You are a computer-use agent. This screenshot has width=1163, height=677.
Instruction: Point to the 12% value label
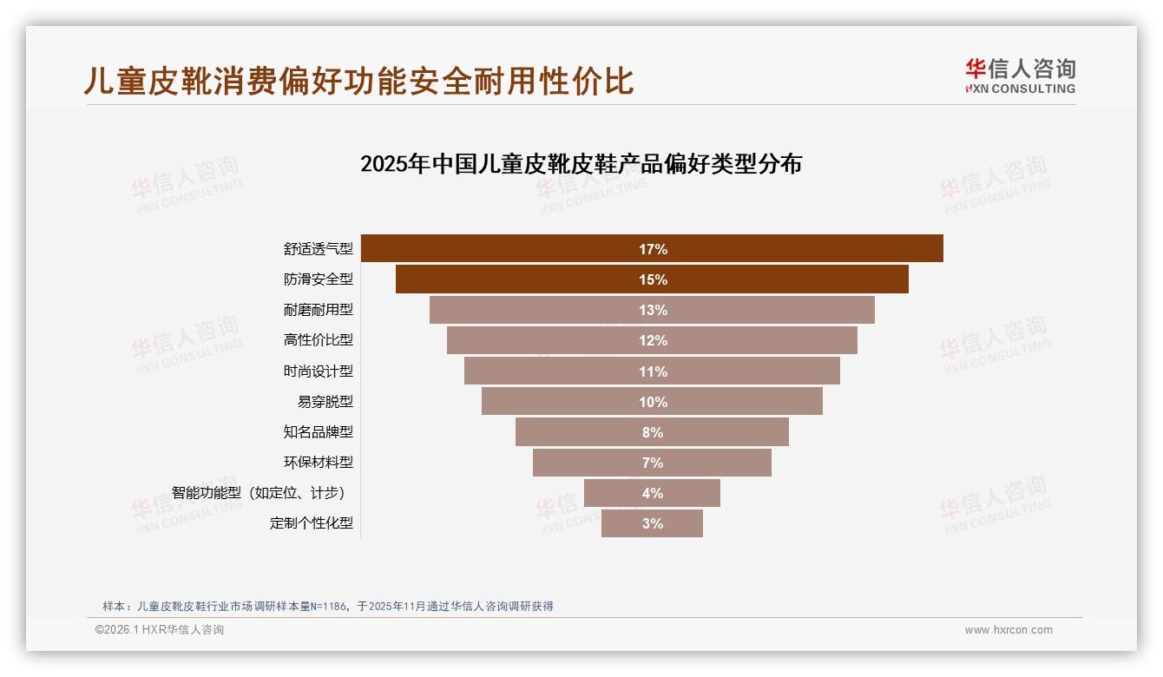click(x=653, y=341)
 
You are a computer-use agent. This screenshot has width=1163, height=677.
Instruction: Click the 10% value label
click(x=653, y=402)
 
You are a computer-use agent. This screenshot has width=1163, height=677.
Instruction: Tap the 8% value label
click(x=653, y=432)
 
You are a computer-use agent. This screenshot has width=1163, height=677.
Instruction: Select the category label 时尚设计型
click(x=318, y=371)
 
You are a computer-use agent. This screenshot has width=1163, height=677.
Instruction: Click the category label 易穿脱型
click(x=325, y=402)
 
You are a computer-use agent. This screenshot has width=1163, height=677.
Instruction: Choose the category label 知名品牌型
click(x=318, y=432)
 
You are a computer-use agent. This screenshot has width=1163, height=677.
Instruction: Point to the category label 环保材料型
click(x=318, y=463)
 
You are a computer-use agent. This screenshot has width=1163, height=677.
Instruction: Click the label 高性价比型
click(x=318, y=340)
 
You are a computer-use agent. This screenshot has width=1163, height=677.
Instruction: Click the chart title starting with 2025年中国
click(x=581, y=164)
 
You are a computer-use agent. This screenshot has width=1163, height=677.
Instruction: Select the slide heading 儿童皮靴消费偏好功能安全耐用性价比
click(x=358, y=81)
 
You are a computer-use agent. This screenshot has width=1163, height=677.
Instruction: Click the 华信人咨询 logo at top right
click(x=1019, y=76)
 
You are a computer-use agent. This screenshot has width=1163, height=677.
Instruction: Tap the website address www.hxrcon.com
click(x=1009, y=630)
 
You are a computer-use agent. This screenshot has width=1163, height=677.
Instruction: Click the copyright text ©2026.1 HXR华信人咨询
click(x=159, y=630)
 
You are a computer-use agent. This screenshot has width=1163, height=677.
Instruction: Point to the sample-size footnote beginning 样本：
click(x=327, y=606)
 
